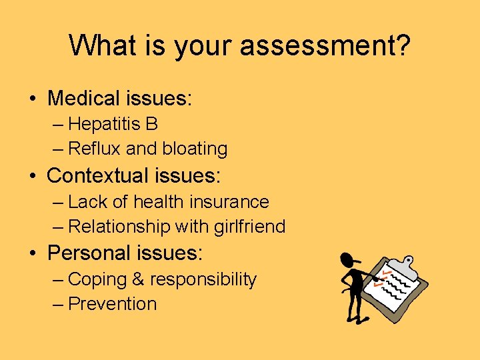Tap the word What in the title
[99, 45]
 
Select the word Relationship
[119, 227]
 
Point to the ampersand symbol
[137, 279]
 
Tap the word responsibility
[203, 279]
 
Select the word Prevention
[113, 304]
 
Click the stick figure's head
[347, 261]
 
